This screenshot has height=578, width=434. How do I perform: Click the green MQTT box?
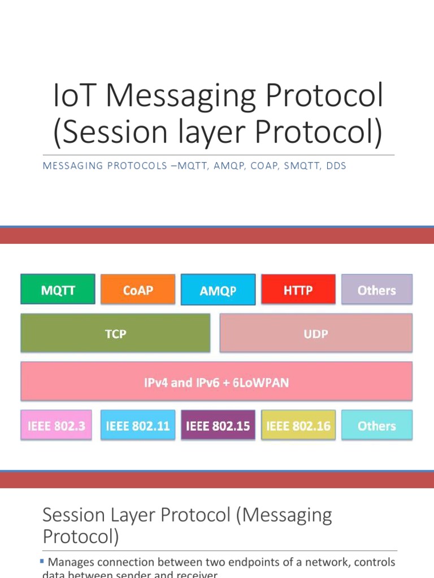58,290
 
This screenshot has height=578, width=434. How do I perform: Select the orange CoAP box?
138,290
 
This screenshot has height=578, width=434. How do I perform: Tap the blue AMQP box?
218,290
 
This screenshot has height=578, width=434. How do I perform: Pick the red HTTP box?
298,290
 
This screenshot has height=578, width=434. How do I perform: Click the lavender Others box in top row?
376,290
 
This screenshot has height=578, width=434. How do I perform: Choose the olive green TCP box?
115,333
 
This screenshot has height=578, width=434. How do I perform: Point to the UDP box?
316,333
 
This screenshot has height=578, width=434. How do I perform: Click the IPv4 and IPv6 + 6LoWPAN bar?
216,382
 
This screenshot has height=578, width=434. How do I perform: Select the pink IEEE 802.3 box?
56,426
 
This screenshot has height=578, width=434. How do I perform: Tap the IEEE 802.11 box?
138,426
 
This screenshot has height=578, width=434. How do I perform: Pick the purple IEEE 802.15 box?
218,426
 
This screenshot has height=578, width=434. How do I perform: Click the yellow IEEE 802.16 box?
298,426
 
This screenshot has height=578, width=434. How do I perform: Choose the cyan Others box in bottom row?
376,426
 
